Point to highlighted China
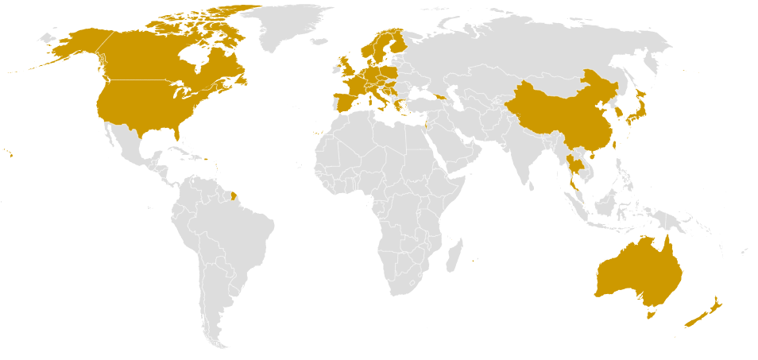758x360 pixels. coord(556,119)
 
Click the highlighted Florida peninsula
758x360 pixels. coord(176,137)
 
